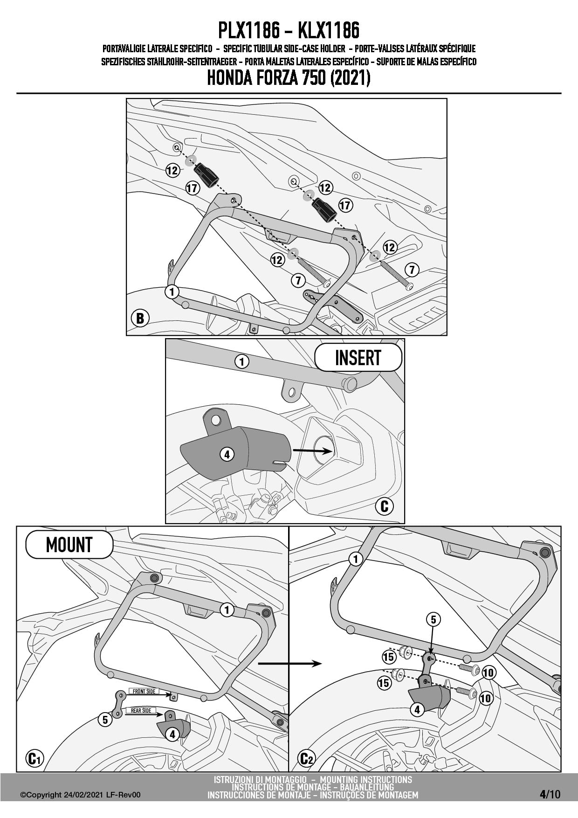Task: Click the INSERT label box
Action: (358, 358)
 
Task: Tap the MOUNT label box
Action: (69, 544)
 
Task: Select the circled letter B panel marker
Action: (140, 319)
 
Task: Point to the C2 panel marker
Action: (306, 759)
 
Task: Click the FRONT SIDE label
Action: (144, 691)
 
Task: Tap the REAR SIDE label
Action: (141, 710)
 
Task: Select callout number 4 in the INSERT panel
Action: (227, 454)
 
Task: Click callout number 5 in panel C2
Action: (433, 619)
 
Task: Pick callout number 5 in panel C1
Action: (105, 720)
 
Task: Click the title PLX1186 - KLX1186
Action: (289, 31)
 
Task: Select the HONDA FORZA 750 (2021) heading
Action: (289, 78)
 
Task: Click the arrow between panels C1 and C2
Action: (289, 663)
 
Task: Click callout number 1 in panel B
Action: (172, 292)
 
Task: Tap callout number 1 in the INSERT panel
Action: (241, 361)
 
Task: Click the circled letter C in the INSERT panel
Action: (385, 506)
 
